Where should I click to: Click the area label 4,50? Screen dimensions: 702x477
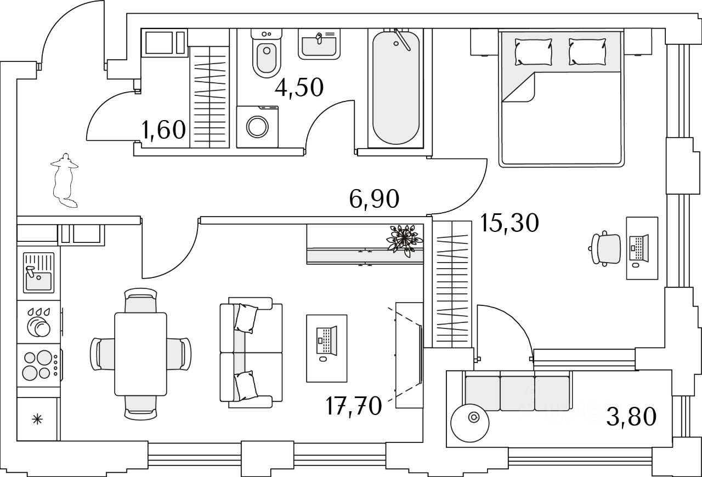pos(299,88)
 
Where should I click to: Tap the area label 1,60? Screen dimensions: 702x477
pos(163,130)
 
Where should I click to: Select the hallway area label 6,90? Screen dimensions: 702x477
pos(374,199)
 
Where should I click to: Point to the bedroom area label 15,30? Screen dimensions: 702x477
pos(509,223)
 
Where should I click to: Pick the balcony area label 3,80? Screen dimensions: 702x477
pos(631,417)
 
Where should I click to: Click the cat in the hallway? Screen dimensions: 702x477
pos(65,180)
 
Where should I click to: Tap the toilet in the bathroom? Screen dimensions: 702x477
pos(267,53)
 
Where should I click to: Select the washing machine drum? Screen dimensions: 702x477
pos(257,127)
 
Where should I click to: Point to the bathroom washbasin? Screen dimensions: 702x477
pos(319,44)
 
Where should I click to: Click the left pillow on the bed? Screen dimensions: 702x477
pos(534,52)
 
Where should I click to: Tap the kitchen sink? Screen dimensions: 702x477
pos(38,273)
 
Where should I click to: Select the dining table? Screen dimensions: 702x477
pos(140,354)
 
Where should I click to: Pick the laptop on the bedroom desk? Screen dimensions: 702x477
pos(638,248)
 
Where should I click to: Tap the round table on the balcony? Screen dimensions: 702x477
pos(470,423)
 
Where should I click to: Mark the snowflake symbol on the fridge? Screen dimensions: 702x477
pos(37,419)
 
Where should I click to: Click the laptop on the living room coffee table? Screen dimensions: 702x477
pos(326,340)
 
